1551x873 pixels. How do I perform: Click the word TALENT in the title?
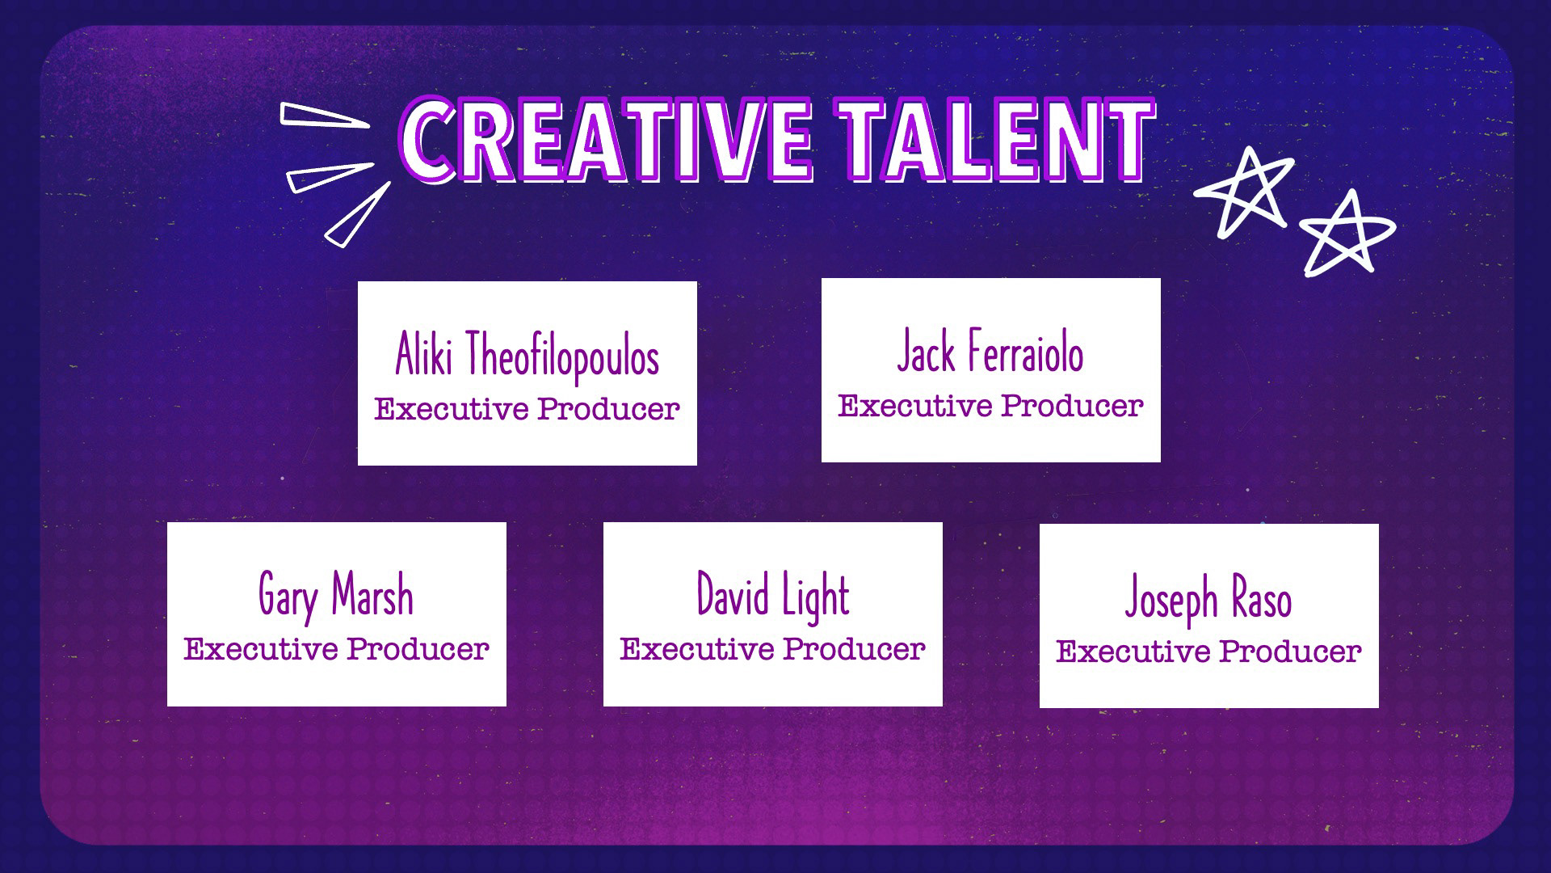coord(995,139)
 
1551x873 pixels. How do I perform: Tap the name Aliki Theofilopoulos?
coord(527,356)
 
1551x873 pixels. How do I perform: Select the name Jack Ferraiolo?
coord(990,352)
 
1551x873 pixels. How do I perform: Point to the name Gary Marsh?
coord(336,597)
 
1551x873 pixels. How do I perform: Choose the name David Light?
coord(773,597)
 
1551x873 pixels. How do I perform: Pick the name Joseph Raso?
coord(1208,600)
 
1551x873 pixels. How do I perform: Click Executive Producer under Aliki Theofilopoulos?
coord(527,409)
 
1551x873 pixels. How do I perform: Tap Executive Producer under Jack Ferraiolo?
coord(990,406)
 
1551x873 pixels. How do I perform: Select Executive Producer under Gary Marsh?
coord(336,649)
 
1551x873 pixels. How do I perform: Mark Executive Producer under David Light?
coord(773,649)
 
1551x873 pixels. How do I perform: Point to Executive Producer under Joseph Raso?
coord(1208,652)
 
